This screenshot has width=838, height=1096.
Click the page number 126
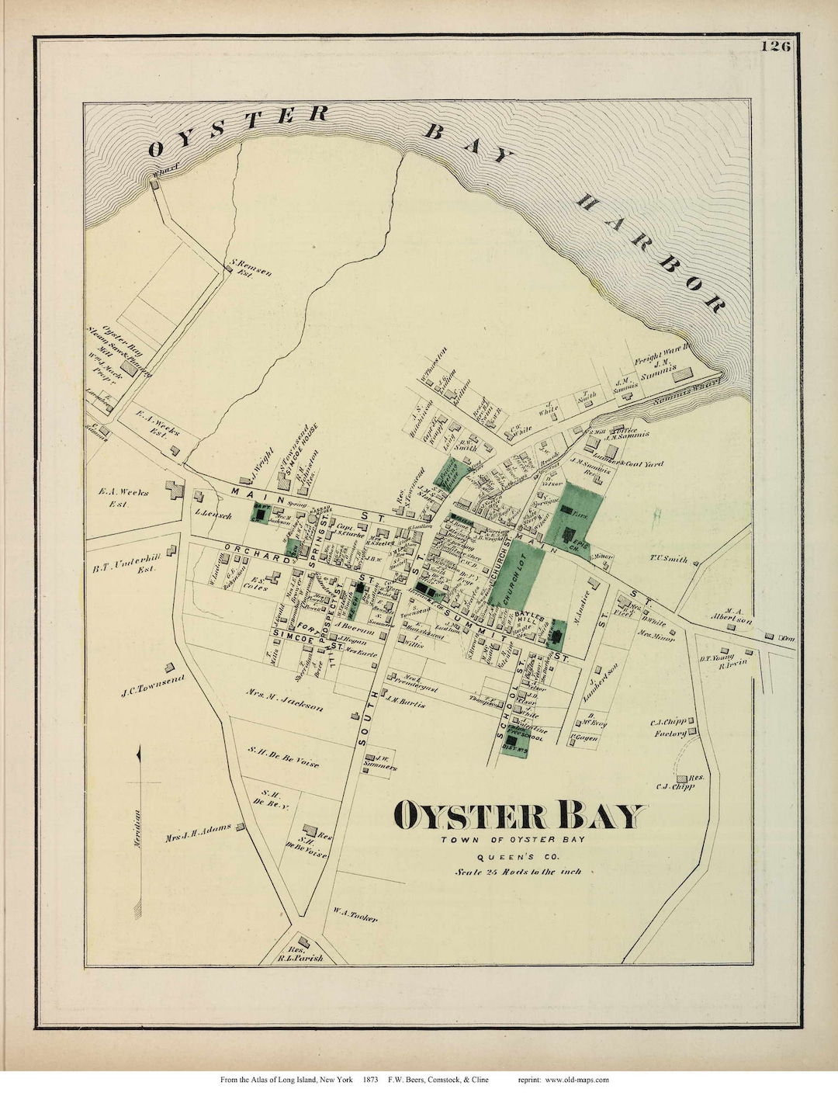coord(775,47)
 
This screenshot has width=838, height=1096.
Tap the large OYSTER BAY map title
coord(519,816)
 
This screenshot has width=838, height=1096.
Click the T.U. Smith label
coord(669,559)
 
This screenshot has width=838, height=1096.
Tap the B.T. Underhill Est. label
coord(124,568)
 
